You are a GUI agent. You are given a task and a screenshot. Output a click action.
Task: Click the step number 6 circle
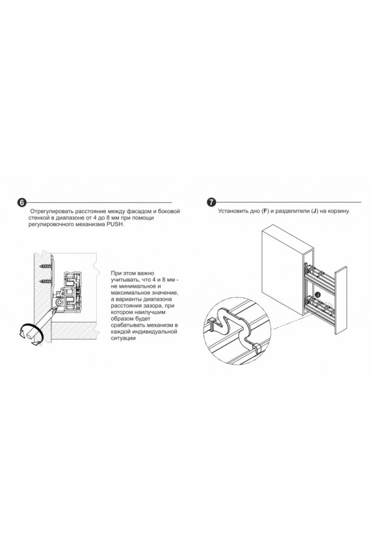pos(21,203)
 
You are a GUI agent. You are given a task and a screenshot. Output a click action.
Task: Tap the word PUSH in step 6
pos(115,224)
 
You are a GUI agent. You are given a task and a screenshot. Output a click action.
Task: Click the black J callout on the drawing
pos(317,294)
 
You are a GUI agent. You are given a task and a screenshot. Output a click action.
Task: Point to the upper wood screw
pos(47,266)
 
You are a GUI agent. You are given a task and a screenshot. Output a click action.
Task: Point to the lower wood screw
pos(47,281)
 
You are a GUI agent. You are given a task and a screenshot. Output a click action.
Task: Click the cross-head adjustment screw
pos(60,303)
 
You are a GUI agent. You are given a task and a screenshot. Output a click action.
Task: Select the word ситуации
pos(123,338)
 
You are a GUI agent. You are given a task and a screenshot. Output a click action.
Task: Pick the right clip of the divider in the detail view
pos(257,348)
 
